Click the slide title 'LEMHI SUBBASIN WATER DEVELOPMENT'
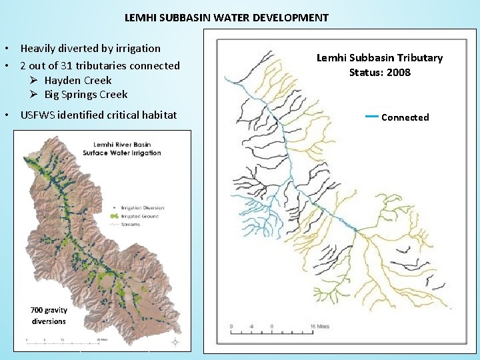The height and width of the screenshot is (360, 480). pos(226,17)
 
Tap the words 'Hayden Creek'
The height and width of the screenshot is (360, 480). pos(78,80)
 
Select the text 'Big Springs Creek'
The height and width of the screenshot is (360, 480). pos(85,94)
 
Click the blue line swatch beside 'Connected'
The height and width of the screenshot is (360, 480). pos(372,117)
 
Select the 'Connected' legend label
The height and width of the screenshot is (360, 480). pos(405,117)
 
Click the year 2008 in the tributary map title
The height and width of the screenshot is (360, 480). pos(397,72)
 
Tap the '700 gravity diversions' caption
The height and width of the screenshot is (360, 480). pos(49,315)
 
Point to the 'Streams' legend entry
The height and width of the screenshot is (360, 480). pos(132,225)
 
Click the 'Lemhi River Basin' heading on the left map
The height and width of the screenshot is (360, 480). pos(121,144)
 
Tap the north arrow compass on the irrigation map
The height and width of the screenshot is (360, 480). pos(175,342)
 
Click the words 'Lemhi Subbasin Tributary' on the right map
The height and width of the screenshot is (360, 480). pos(379,58)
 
